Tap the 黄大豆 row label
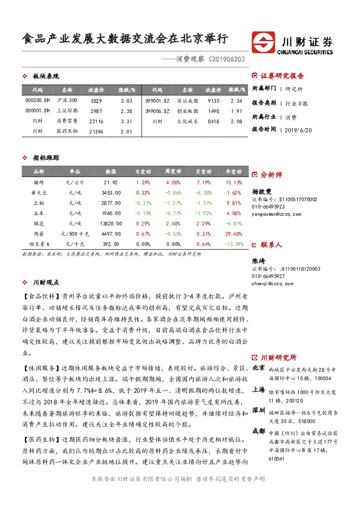(x=39, y=192)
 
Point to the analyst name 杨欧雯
(x=260, y=189)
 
